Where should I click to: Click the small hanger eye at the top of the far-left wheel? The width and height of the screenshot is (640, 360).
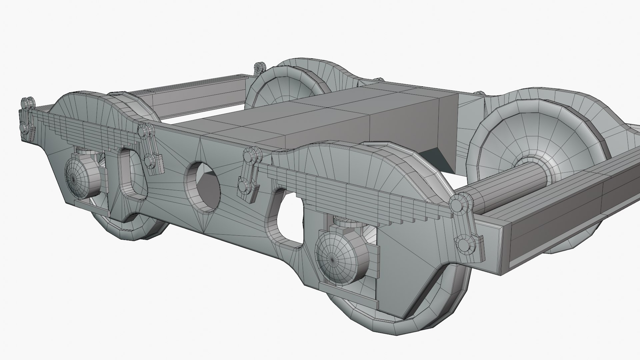[x=260, y=68]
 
